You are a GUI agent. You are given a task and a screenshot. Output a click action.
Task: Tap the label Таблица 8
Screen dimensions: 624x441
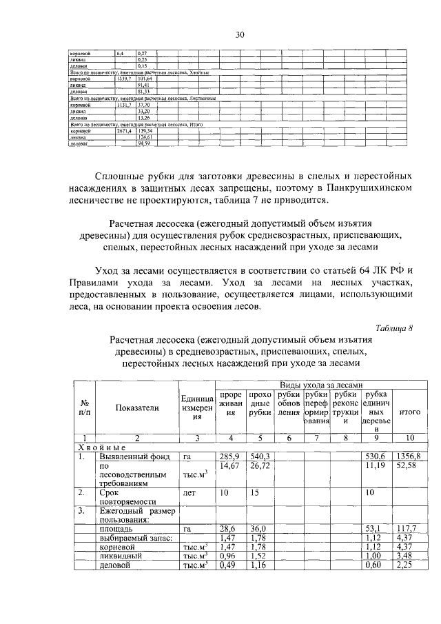(394, 328)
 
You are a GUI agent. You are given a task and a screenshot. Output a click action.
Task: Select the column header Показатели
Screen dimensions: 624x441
(137, 407)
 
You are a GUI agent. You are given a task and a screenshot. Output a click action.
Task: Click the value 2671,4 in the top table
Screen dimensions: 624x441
(124, 130)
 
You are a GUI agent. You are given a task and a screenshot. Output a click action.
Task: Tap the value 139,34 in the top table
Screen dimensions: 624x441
(145, 130)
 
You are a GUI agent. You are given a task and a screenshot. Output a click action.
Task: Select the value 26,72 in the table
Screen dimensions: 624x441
(259, 467)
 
